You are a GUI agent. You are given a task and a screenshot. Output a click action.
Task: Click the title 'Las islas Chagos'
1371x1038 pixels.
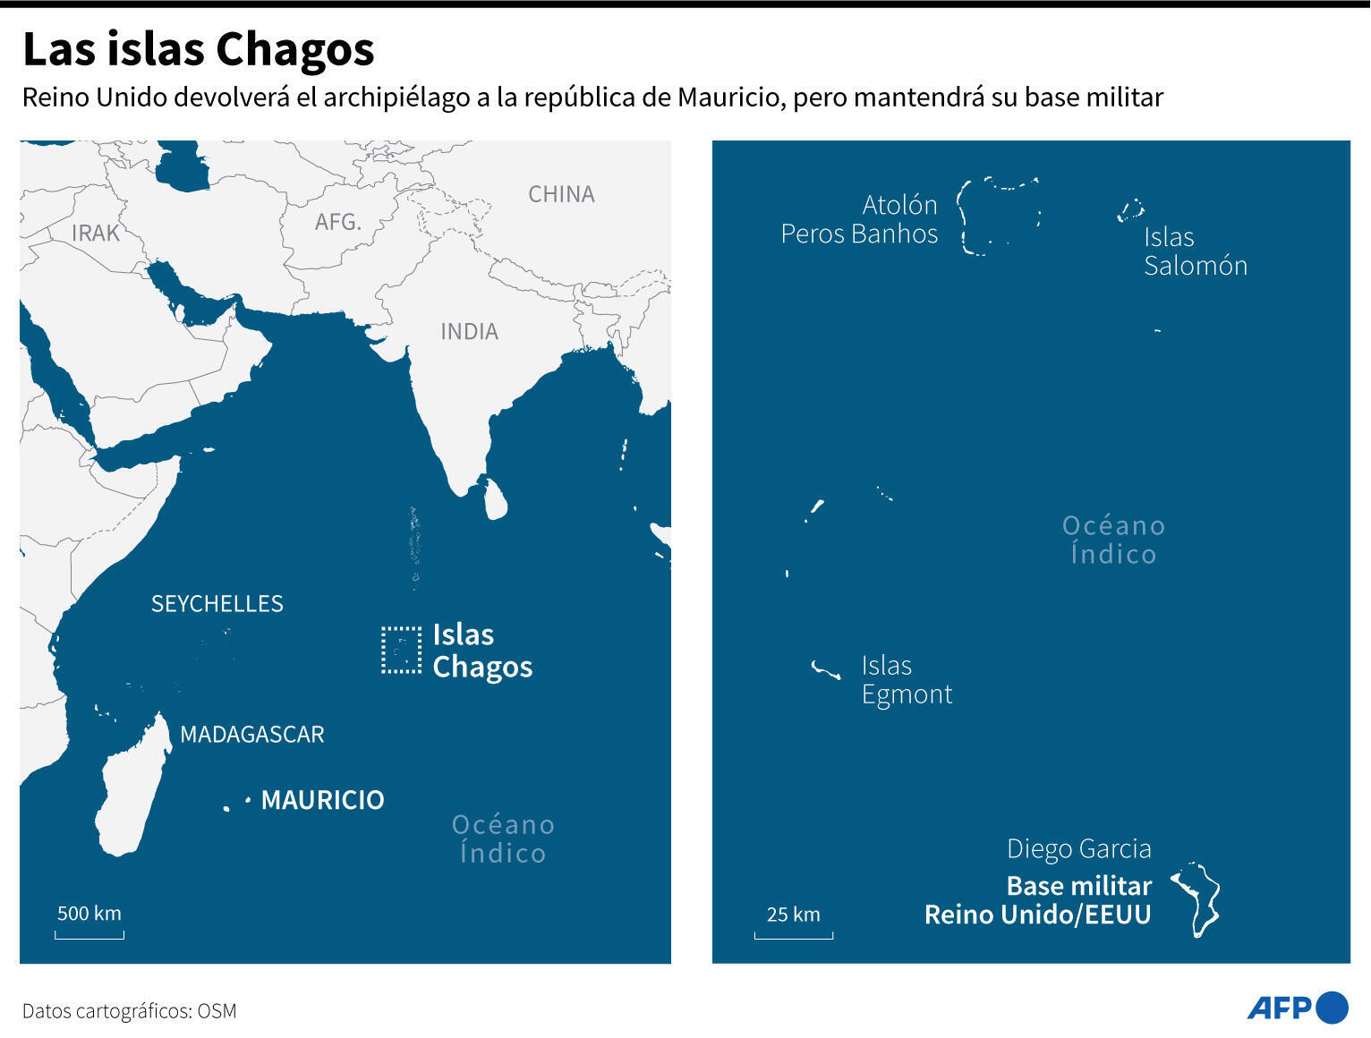pos(198,50)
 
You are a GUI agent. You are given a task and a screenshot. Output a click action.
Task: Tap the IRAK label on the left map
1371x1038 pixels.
pos(95,233)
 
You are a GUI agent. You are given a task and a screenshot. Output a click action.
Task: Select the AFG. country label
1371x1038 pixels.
pos(337,221)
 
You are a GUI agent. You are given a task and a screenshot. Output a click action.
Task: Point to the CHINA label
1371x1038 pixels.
pos(561,194)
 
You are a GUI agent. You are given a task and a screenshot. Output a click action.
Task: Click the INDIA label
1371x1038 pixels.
pos(469,332)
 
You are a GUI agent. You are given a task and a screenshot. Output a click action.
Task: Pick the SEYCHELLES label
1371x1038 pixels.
pos(217,604)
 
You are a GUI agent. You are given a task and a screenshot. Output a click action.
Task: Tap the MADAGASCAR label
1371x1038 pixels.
pos(251,735)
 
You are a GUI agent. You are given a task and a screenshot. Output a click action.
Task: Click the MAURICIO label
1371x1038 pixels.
pos(322,800)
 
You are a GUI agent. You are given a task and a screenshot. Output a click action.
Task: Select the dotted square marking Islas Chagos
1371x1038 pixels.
pos(400,650)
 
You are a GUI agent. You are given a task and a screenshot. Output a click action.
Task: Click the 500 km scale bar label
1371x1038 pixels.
pos(89,914)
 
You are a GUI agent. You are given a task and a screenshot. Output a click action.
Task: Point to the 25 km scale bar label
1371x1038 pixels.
pos(793,915)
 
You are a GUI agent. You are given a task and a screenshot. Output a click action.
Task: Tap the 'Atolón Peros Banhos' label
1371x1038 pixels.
pos(859,219)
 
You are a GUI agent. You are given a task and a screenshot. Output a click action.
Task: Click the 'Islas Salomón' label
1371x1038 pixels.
pos(1195,251)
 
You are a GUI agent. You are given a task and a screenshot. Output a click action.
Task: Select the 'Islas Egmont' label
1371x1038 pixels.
pos(906,680)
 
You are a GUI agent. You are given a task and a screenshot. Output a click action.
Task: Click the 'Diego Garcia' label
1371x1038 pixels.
pos(1078,849)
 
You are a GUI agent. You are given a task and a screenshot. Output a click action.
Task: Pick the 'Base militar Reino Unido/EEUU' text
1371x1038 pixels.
pos(1038,900)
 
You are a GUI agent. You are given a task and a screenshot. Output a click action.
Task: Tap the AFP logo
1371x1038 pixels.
pos(1297,1008)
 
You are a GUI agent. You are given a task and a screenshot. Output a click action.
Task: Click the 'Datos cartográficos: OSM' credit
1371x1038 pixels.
pos(130,1011)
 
